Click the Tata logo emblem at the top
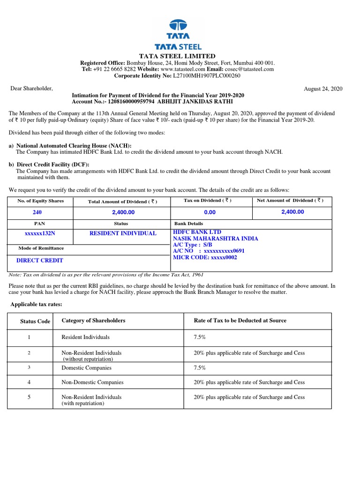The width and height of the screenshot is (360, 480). pyautogui.click(x=178, y=27)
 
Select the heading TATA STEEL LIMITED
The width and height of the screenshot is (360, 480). pyautogui.click(x=180, y=56)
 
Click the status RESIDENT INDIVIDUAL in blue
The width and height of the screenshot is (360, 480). pyautogui.click(x=123, y=233)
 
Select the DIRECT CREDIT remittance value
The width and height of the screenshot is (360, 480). pyautogui.click(x=40, y=260)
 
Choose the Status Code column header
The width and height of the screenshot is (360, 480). pyautogui.click(x=35, y=322)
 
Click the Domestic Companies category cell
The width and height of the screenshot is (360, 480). pyautogui.click(x=85, y=368)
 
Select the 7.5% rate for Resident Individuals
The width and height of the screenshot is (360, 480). pyautogui.click(x=199, y=337)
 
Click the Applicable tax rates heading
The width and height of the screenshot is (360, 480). pyautogui.click(x=36, y=305)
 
